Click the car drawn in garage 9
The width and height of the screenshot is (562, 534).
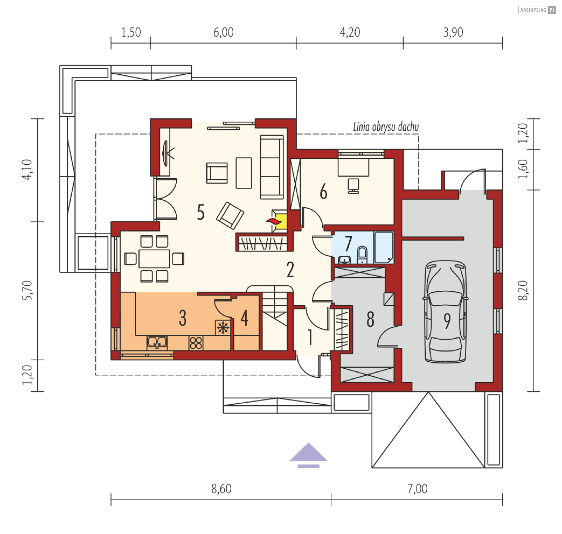(445, 312)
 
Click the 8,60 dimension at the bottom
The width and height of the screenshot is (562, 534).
(221, 489)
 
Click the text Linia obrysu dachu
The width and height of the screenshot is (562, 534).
(386, 127)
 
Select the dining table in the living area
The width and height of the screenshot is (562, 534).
(154, 259)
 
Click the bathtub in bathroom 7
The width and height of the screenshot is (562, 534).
(384, 247)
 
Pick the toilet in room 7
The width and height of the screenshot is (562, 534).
(362, 255)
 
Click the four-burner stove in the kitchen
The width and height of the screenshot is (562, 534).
(196, 343)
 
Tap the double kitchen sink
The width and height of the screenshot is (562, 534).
(157, 342)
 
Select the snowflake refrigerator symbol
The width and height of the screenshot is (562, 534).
(223, 328)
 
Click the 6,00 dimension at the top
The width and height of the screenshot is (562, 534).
(223, 32)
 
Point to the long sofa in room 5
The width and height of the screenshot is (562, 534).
(272, 167)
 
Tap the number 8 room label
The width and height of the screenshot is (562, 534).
(370, 319)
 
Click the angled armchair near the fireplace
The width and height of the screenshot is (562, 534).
(230, 216)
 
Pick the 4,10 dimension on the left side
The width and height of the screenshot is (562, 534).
(27, 169)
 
